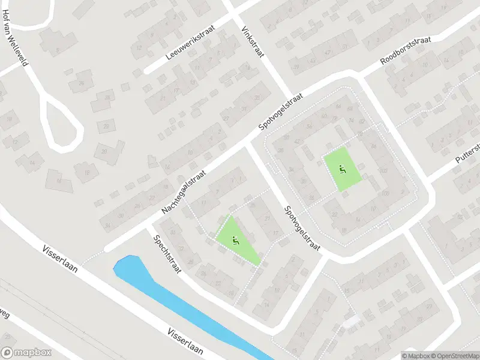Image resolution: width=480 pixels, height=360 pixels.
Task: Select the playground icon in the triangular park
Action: click(x=235, y=241)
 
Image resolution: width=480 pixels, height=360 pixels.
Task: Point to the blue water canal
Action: click(x=180, y=300)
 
